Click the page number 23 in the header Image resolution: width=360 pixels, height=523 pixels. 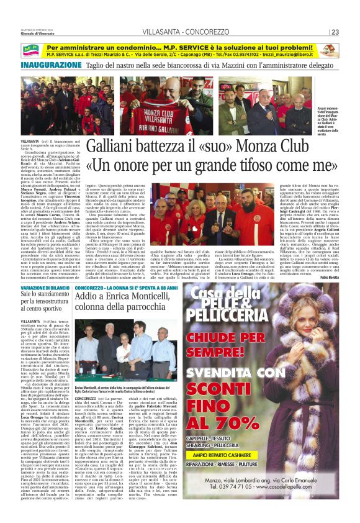[335, 32]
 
